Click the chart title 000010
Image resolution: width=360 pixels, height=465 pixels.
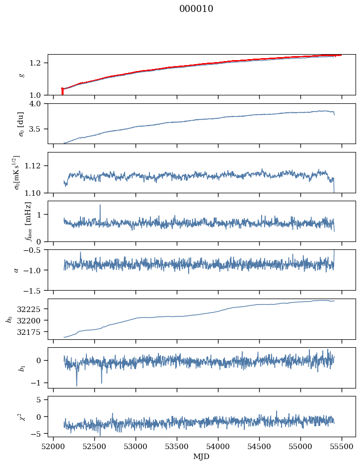196,8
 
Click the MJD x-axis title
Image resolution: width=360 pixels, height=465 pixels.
201,457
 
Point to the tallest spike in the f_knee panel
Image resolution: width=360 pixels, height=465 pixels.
100,205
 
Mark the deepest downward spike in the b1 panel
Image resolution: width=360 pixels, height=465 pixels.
77,386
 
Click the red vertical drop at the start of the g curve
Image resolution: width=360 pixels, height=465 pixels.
62,91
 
